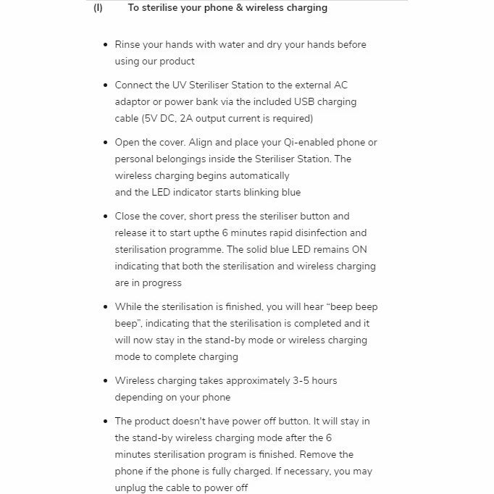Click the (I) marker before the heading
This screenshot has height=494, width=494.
pyautogui.click(x=98, y=8)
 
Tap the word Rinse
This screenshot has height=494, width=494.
pyautogui.click(x=127, y=44)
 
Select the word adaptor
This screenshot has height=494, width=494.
pyautogui.click(x=133, y=101)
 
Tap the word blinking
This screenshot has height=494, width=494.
pyautogui.click(x=255, y=192)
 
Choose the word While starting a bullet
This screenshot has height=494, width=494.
pyautogui.click(x=129, y=306)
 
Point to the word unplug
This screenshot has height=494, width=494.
pyautogui.click(x=132, y=487)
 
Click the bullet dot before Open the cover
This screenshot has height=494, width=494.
pyautogui.click(x=106, y=143)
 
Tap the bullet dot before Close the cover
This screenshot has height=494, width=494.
pyautogui.click(x=106, y=217)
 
